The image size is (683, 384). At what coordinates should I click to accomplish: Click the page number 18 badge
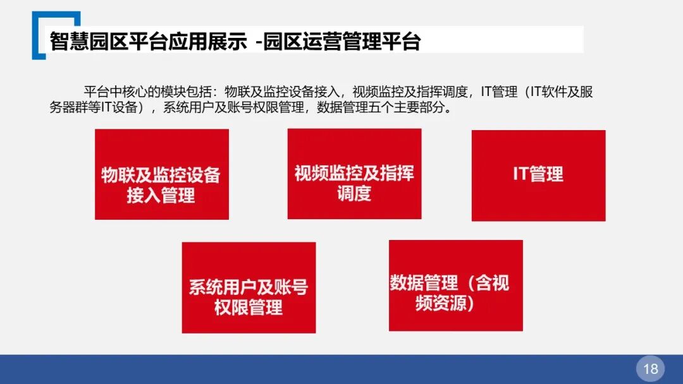point(651,368)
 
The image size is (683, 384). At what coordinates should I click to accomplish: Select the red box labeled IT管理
point(538,176)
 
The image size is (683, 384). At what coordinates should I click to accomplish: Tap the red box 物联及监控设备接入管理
point(161,174)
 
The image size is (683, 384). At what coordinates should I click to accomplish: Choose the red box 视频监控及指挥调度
point(354,174)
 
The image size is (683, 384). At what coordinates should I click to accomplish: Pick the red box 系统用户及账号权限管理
point(249,287)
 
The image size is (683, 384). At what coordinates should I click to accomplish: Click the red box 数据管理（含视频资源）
point(455,285)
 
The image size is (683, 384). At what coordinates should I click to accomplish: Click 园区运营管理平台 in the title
point(342,42)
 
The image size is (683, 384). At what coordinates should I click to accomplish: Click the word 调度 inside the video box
point(354,193)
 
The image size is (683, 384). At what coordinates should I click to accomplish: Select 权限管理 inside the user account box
point(249,308)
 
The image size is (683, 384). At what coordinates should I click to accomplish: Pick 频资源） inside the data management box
point(445,304)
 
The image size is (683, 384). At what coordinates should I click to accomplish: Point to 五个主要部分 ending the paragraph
point(410,107)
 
